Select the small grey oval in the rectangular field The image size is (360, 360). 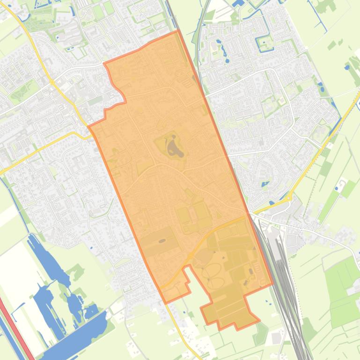pyautogui.click(x=162, y=241)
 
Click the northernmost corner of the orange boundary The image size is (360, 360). pyautogui.click(x=177, y=31)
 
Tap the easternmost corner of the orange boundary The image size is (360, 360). pyautogui.click(x=272, y=283)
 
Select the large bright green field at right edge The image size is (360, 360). pyautogui.click(x=344, y=290)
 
